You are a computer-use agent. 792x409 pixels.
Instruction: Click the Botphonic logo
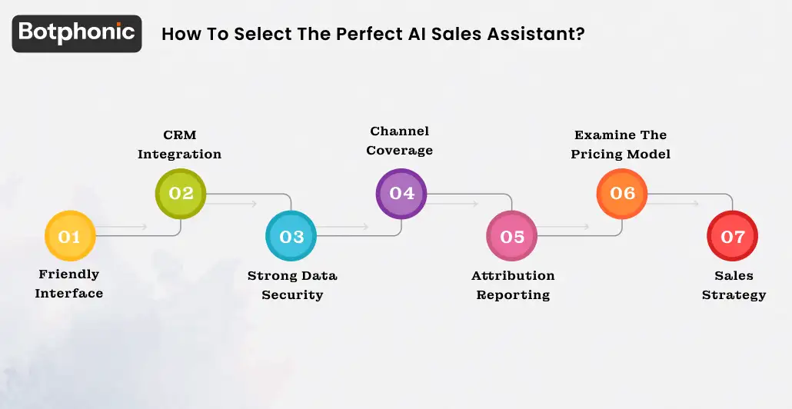[x=77, y=33]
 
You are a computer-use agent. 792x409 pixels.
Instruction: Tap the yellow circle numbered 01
[x=69, y=236]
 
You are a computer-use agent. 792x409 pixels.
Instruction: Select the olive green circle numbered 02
[x=181, y=193]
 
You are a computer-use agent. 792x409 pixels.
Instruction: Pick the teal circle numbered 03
[x=291, y=236]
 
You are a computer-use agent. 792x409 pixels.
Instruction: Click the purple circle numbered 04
[x=401, y=193]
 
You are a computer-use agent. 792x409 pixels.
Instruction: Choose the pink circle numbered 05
[x=512, y=236]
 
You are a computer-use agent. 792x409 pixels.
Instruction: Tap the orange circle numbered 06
[x=622, y=193]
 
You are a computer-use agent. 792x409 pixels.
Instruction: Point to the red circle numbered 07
[x=732, y=236]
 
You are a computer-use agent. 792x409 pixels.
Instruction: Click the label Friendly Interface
[x=69, y=284]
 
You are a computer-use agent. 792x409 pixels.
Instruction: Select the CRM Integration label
[x=179, y=145]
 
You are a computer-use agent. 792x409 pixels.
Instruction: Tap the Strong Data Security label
[x=292, y=285]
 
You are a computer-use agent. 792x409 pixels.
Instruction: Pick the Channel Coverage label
[x=399, y=141]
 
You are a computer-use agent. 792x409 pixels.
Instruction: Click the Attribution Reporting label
[x=513, y=285]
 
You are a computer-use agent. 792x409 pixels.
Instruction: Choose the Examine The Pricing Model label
[x=621, y=145]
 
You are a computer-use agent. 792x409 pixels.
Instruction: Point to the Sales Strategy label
[x=734, y=285]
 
